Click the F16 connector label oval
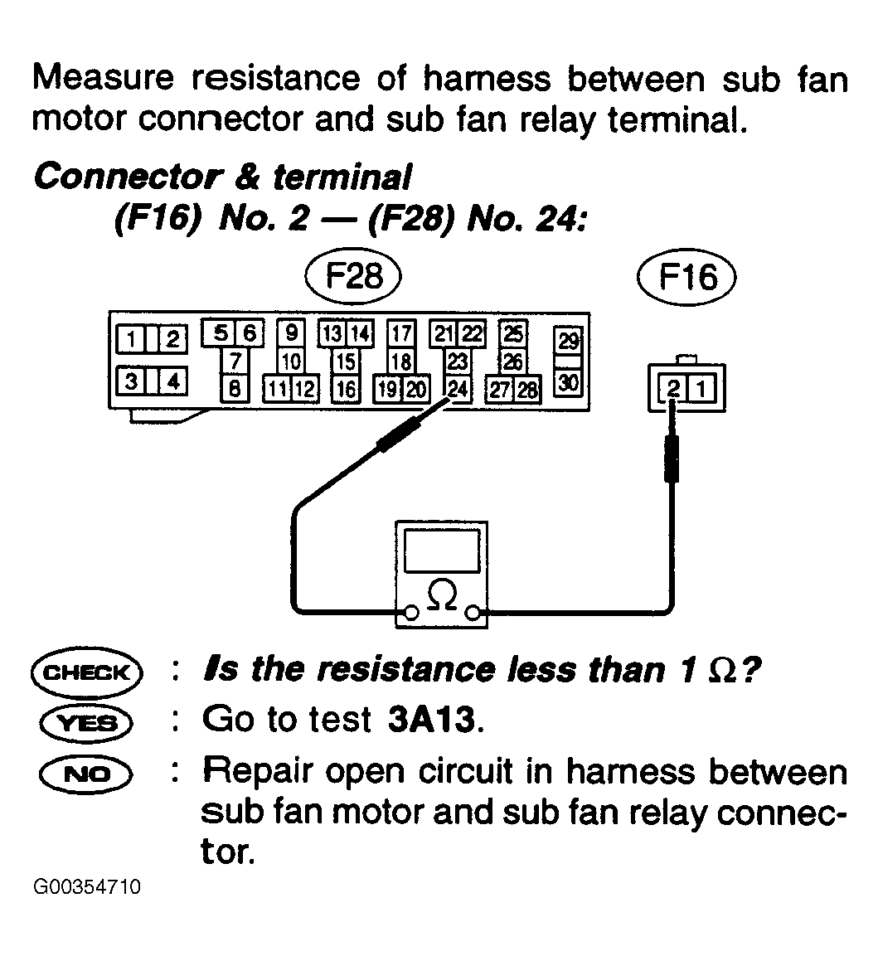coord(686,278)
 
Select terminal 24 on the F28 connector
coord(458,388)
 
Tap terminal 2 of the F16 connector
coord(673,389)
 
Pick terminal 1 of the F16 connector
coord(701,389)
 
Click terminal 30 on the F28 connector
coord(568,383)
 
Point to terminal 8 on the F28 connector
coord(235,388)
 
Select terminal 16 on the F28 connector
coord(346,388)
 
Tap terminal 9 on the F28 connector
coord(292,332)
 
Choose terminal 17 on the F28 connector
coord(401,333)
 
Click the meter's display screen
coord(441,551)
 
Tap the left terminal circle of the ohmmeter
coord(411,612)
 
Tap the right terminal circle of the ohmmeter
coord(473,612)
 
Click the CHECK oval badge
coord(86,672)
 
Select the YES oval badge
coord(86,723)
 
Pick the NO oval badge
coord(85,774)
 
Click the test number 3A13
coord(432,720)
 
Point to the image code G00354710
coord(87,886)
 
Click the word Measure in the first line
coord(103,79)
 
